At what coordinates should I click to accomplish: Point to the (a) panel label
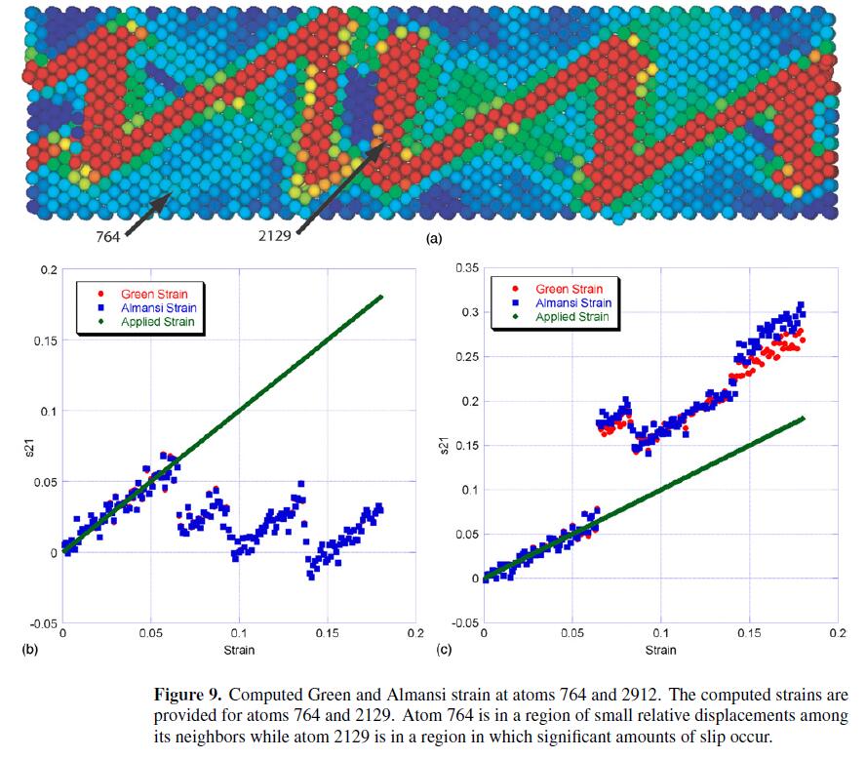(x=434, y=238)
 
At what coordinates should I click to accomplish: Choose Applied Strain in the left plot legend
(x=157, y=321)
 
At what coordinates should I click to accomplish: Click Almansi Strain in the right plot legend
(x=574, y=302)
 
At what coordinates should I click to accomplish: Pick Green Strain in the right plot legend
(x=570, y=289)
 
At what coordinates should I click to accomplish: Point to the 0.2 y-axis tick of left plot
(x=47, y=269)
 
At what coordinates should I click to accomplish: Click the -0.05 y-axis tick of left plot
(x=40, y=623)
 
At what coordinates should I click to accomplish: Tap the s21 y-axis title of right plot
(x=446, y=445)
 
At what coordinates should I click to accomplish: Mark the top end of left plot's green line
(x=382, y=296)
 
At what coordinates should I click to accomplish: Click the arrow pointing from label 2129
(x=336, y=189)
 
